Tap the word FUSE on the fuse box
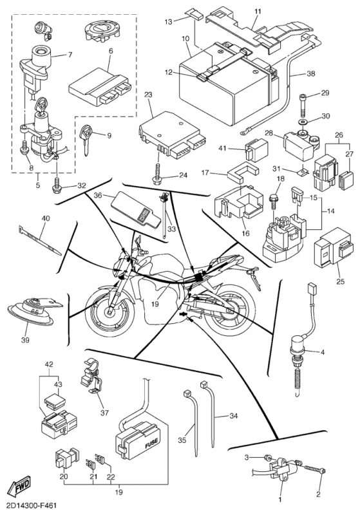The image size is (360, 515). [151, 444]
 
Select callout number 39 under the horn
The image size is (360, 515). [25, 340]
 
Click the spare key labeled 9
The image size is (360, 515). [86, 138]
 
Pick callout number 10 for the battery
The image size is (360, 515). [185, 39]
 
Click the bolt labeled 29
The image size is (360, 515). [303, 104]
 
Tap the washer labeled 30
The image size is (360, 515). [301, 122]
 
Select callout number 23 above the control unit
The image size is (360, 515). [148, 95]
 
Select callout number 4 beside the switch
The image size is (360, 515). [323, 352]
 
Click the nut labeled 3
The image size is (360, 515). [267, 457]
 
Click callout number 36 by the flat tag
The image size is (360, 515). [98, 195]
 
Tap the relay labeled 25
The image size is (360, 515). [334, 247]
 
